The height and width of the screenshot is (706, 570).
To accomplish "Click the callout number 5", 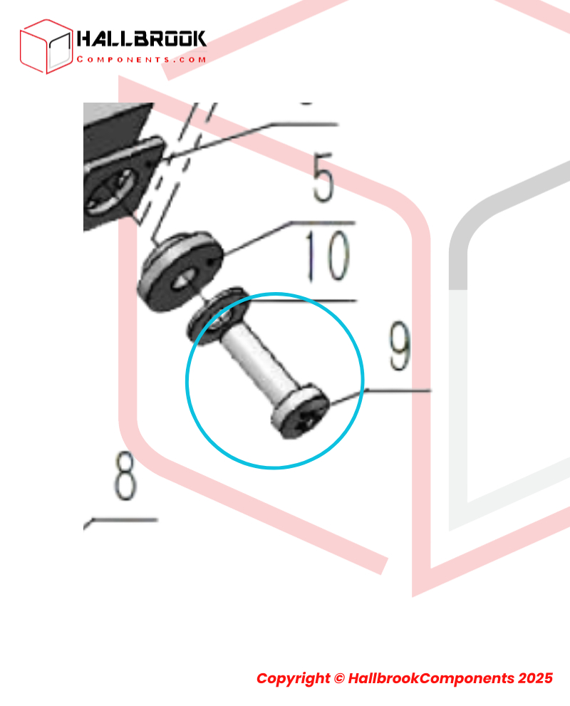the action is tap(324, 177).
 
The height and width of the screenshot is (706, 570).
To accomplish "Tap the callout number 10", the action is tap(328, 256).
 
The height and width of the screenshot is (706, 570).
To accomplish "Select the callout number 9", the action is tap(400, 346).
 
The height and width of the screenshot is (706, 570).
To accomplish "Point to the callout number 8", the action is tap(125, 476).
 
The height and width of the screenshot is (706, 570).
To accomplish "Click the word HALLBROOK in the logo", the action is tap(141, 39).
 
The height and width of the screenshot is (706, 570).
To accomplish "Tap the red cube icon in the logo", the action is tap(46, 46).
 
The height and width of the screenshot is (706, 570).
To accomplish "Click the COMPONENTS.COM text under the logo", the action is tap(141, 59).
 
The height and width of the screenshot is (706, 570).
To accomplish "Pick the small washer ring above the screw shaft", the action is tap(218, 315).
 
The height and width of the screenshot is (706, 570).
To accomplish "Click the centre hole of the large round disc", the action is tap(186, 281).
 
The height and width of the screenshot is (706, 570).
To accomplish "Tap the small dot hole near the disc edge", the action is tap(212, 260).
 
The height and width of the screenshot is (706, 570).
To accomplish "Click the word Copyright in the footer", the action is tap(293, 678).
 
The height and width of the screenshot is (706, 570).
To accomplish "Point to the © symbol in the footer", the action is tap(339, 678).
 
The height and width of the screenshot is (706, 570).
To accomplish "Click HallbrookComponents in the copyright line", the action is tap(431, 678).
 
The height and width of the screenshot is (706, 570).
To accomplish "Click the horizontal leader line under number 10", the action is tap(301, 301).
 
